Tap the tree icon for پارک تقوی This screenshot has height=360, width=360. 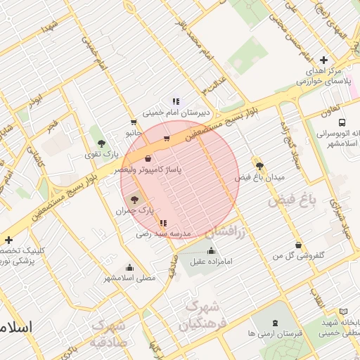pyautogui.click(x=102, y=143)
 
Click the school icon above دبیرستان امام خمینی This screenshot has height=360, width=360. pyautogui.click(x=176, y=101)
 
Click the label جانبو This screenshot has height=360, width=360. pyautogui.click(x=134, y=131)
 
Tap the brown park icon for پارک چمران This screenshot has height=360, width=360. pyautogui.click(x=134, y=200)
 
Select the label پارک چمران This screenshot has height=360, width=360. pyautogui.click(x=134, y=211)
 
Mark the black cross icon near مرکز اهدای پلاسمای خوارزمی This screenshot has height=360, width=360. pyautogui.click(x=323, y=60)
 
